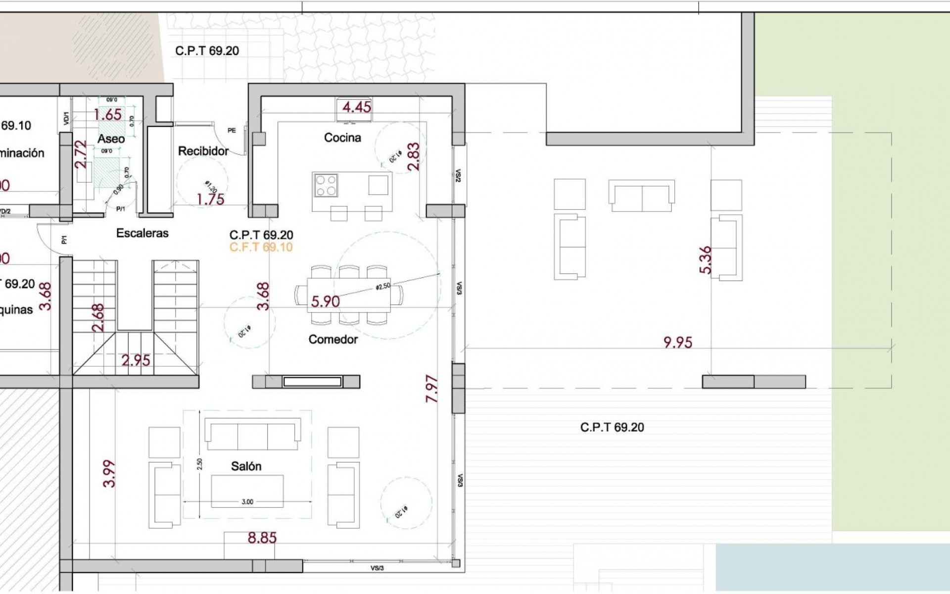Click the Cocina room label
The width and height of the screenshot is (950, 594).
point(342,138)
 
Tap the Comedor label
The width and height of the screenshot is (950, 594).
point(333,340)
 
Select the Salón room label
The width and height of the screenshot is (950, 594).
point(246,466)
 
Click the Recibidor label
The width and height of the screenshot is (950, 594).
point(203,151)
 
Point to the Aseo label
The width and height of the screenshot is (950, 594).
point(111,139)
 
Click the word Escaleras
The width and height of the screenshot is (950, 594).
point(142,233)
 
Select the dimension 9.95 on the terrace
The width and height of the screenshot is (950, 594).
point(678,343)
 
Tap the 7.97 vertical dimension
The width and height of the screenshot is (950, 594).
point(432,389)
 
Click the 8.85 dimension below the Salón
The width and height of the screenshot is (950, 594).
point(262,538)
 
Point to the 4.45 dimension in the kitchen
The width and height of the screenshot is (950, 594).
point(357,107)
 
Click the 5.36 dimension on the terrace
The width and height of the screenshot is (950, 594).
point(706,260)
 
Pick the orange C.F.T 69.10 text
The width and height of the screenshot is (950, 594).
point(261,247)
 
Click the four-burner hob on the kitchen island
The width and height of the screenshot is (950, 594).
point(326,186)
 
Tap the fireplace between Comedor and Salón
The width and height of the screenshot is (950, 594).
point(312,382)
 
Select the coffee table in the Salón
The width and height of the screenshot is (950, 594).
point(247,491)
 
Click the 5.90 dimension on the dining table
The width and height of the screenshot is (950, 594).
point(326,301)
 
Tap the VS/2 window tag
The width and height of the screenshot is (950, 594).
point(458,176)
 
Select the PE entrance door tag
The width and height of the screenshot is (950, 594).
point(232,131)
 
